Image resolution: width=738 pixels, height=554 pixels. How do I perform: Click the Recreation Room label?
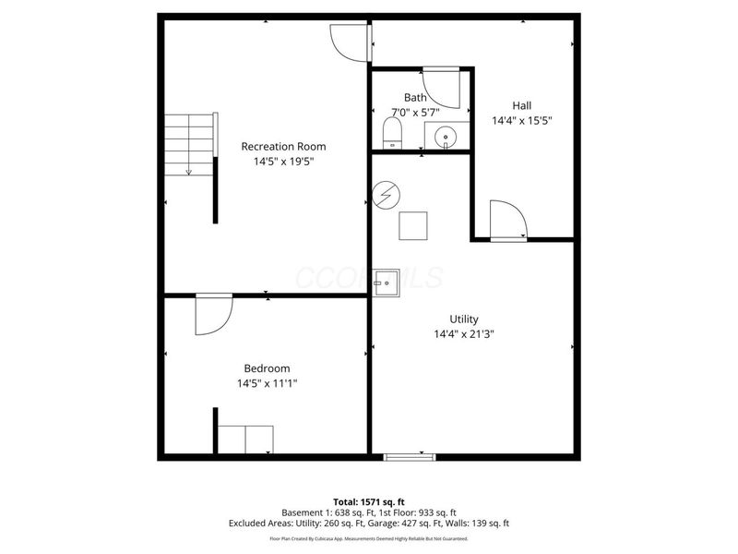pyautogui.click(x=283, y=146)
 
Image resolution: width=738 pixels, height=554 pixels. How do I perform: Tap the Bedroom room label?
pyautogui.click(x=267, y=367)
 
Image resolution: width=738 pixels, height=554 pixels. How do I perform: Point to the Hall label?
pyautogui.click(x=522, y=105)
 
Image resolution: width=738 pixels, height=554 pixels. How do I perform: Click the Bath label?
pyautogui.click(x=415, y=98)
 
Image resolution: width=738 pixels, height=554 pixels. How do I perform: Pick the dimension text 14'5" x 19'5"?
pyautogui.click(x=283, y=162)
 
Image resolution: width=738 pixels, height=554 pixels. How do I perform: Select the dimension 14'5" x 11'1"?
pyautogui.click(x=267, y=382)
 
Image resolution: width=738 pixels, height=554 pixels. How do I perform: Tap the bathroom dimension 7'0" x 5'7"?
pyautogui.click(x=415, y=113)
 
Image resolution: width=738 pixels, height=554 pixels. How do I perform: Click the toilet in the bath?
pyautogui.click(x=393, y=131)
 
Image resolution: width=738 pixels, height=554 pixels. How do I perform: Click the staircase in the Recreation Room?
pyautogui.click(x=189, y=143)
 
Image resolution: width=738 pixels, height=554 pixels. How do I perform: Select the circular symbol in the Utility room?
pyautogui.click(x=387, y=196)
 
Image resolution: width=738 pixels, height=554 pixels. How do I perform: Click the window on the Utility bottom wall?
pyautogui.click(x=410, y=455)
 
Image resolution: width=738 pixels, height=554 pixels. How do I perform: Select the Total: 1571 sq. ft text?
pyautogui.click(x=369, y=501)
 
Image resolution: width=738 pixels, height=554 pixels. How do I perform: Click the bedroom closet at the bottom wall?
pyautogui.click(x=245, y=440)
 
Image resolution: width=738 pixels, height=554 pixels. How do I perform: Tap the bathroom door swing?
pyautogui.click(x=441, y=88)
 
